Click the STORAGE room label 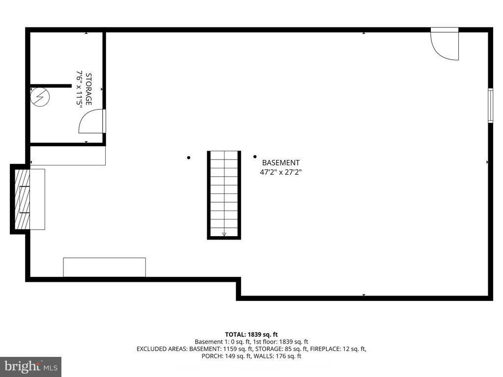click(88, 89)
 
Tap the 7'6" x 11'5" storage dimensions click(79, 88)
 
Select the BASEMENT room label click(280, 162)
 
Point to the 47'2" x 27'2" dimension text click(280, 172)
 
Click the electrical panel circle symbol click(40, 97)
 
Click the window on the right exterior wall click(490, 106)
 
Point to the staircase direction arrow click(224, 234)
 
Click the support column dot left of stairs click(189, 158)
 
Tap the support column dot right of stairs click(255, 157)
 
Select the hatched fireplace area click(22, 199)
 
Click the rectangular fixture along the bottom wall click(104, 268)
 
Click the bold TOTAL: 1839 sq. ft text click(251, 335)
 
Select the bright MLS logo click(31, 366)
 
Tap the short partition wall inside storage click(51, 86)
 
